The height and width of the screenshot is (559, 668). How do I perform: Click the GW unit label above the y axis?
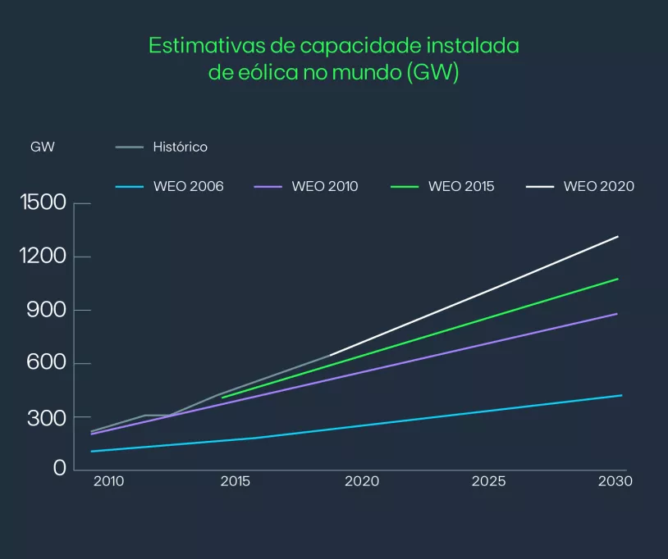43,148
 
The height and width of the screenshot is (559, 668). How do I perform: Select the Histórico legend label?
180,148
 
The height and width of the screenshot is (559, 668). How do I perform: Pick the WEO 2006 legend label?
188,187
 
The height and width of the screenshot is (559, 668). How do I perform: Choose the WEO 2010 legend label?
325,187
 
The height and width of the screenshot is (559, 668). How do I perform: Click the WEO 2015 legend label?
461,187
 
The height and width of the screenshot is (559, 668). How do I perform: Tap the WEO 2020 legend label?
599,187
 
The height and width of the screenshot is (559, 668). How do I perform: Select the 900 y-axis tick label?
48,310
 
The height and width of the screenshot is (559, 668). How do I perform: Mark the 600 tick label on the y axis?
48,364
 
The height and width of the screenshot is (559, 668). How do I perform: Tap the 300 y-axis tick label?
48,418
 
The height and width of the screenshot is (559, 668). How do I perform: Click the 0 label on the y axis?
60,468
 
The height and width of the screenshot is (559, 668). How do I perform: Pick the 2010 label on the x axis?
108,482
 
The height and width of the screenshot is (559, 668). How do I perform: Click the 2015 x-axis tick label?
236,482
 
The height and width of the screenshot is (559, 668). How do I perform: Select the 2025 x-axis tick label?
488,482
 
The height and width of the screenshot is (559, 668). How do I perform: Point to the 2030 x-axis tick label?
615,482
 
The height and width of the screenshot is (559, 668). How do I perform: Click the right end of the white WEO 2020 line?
617,237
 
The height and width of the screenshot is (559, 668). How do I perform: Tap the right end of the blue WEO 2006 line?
621,395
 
